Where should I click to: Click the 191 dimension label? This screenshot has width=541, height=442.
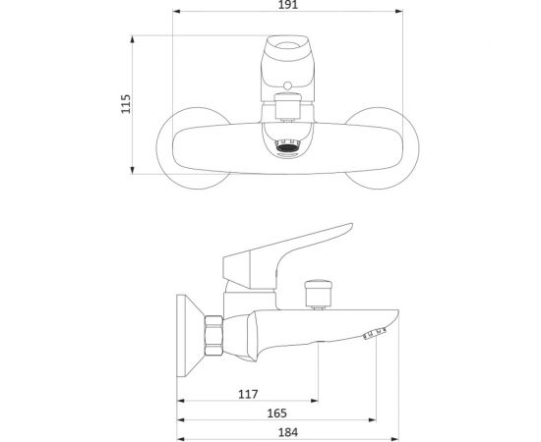click(x=287, y=5)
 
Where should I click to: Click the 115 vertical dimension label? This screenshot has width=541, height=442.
click(x=126, y=104)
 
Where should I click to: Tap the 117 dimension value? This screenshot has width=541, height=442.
click(x=248, y=394)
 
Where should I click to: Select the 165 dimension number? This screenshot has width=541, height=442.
click(x=277, y=414)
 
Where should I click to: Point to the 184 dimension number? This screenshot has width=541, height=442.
click(x=288, y=432)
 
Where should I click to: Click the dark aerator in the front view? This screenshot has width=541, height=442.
click(x=287, y=147)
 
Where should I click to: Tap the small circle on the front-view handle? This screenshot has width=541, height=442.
click(x=287, y=85)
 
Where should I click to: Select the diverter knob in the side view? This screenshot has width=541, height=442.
click(x=319, y=294)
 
